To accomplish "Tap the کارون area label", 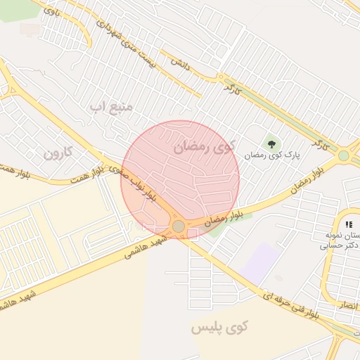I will coord(58,152).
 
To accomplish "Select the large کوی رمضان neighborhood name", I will coord(202,146).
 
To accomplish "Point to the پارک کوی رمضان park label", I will coord(273,154).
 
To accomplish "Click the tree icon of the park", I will coord(272,144).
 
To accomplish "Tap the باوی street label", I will coord(51,11).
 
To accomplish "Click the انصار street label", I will coord(347,306).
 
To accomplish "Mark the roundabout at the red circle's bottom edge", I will coord(179,226).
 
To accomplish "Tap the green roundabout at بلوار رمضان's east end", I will coord(343,155).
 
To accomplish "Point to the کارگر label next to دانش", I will coord(231,88).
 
